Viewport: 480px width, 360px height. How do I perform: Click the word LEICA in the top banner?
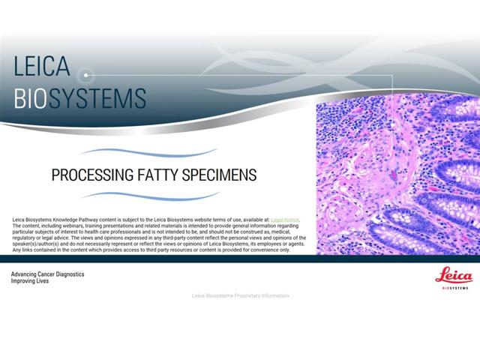[x=42, y=67]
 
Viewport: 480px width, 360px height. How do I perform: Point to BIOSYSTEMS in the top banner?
[x=79, y=98]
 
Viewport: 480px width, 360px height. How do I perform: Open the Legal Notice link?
[x=285, y=220]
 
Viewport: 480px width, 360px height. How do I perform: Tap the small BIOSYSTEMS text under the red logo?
[x=455, y=287]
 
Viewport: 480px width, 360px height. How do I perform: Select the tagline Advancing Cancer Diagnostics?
[x=47, y=274]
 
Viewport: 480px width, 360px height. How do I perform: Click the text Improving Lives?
[x=30, y=281]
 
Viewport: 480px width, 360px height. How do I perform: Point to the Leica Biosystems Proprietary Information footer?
[x=240, y=295]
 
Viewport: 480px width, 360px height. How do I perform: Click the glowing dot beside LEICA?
[x=86, y=75]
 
